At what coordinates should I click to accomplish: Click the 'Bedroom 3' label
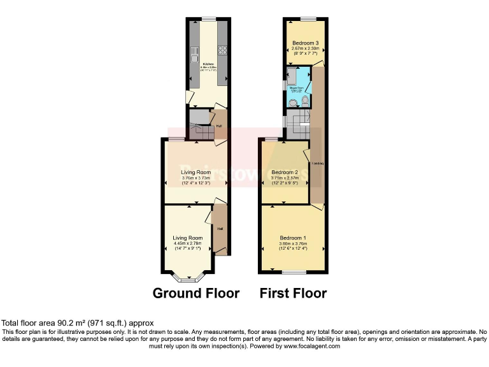point(305,43)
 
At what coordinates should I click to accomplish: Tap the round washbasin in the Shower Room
point(293,101)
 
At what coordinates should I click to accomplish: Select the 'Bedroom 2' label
point(285,172)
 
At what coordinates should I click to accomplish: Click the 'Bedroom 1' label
point(293,238)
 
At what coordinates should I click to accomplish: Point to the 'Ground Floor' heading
point(196,294)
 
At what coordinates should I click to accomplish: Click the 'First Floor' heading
point(293,294)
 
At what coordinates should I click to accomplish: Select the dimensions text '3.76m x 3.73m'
point(196,178)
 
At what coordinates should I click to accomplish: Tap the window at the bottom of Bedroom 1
point(294,272)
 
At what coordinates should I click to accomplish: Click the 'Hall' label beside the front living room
point(220,228)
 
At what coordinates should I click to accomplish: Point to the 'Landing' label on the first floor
point(318,164)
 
